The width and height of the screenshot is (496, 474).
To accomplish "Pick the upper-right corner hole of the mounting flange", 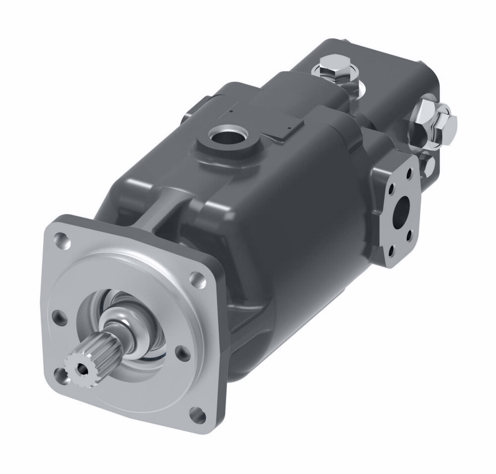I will [x=198, y=279].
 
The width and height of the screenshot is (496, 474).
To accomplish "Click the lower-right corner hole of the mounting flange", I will [x=197, y=414].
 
